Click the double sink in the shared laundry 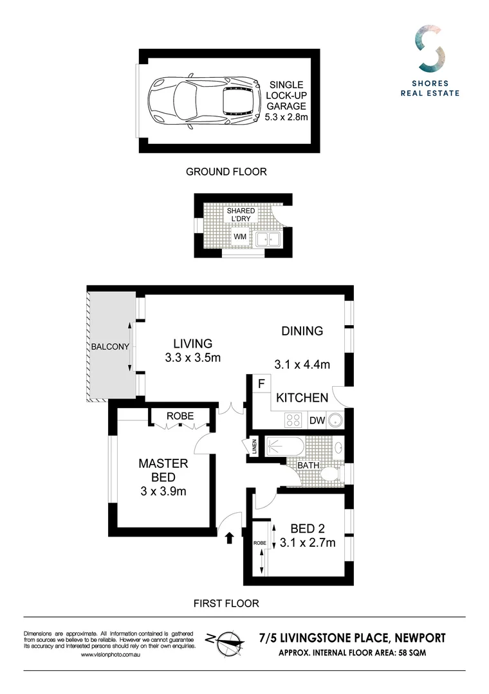pos(266,240)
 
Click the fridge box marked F pos(261,384)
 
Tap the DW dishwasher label pos(316,421)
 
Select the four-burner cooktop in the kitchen pos(293,420)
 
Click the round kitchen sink pos(335,421)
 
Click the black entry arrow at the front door pos(230,537)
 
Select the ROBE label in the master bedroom pos(180,416)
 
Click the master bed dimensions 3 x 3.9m pos(163,492)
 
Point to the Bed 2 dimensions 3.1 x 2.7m pos(308,543)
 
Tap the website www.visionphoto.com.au pos(111,654)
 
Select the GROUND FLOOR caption pos(226,172)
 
